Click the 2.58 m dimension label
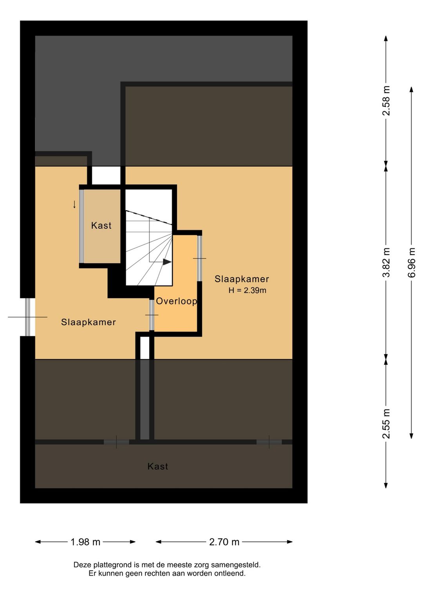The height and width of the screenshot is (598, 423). [x=386, y=100]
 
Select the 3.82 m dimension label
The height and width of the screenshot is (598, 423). [x=386, y=262]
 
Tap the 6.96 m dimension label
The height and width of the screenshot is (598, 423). [x=412, y=262]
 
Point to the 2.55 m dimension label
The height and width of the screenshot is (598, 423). [x=386, y=424]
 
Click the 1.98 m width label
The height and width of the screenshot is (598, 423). [x=85, y=542]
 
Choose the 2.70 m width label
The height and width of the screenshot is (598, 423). [x=224, y=542]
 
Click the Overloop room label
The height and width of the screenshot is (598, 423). [x=176, y=301]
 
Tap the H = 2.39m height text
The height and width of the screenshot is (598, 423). [x=247, y=290]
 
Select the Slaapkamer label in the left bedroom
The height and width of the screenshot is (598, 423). [x=89, y=322]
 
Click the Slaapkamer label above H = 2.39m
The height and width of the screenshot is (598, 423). [x=242, y=279]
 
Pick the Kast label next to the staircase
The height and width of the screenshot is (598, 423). [x=101, y=225]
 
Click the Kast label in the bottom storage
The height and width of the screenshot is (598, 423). [x=158, y=466]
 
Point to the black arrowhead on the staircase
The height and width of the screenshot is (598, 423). [x=167, y=262]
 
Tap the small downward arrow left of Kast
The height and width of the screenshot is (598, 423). [x=74, y=204]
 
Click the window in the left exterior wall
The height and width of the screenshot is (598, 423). [x=28, y=317]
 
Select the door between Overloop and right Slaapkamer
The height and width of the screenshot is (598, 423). [x=199, y=258]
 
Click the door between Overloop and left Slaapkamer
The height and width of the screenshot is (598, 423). [x=152, y=315]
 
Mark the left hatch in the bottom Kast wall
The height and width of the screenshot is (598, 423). [x=116, y=442]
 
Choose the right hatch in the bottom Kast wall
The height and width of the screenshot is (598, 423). [x=269, y=442]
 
